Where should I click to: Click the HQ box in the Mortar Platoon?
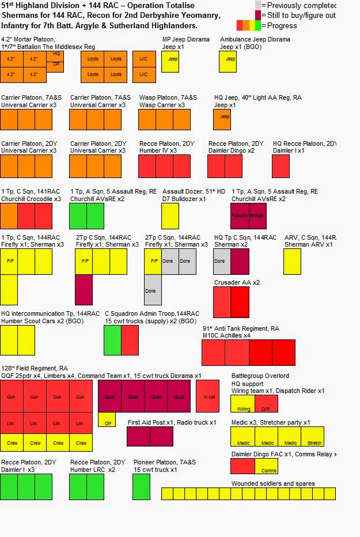tap(56, 54)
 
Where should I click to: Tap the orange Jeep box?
tap(222, 116)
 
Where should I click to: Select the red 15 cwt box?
tap(207, 396)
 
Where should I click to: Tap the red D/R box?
tap(266, 409)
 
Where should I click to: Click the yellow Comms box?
tap(268, 470)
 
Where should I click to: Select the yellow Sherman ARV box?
tap(292, 261)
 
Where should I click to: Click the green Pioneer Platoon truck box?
tap(141, 486)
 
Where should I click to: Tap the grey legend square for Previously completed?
tap(259, 5)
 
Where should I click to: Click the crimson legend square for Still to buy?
tap(259, 15)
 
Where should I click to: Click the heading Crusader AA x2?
tap(236, 282)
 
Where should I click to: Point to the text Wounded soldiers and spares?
tap(273, 483)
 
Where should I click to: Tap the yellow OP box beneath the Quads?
tap(107, 423)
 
